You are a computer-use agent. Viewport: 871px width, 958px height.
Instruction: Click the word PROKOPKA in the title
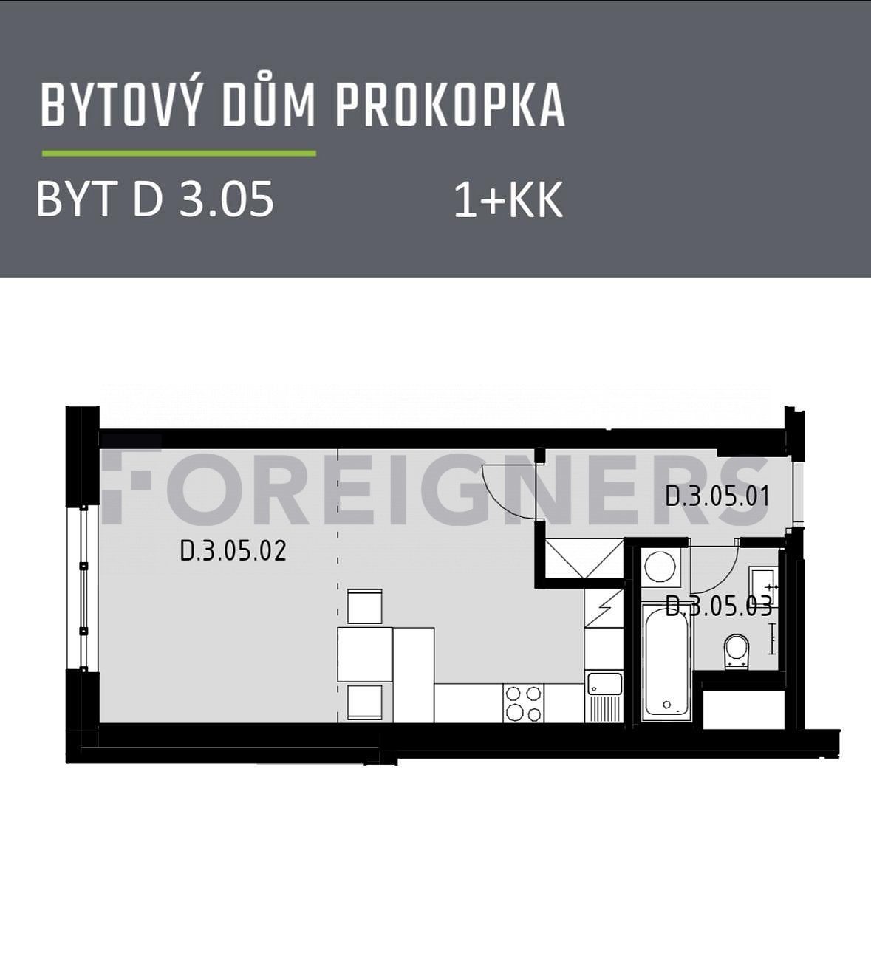coord(450,106)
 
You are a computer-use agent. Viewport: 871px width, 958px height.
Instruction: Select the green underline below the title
coord(180,154)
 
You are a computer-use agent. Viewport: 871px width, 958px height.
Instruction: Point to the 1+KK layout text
coord(508,201)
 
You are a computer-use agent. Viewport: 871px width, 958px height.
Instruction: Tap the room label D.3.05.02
coord(233,550)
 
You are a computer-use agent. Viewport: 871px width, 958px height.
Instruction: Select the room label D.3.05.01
coord(717,496)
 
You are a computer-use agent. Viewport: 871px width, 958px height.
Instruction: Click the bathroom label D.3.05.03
coord(719,606)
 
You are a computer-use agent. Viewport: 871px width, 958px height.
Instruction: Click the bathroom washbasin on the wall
coord(763,586)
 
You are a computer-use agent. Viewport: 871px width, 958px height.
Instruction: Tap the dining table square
coord(365,654)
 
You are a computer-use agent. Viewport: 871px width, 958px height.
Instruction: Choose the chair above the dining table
coord(364,606)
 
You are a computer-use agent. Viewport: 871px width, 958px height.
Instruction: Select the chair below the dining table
coord(364,702)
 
